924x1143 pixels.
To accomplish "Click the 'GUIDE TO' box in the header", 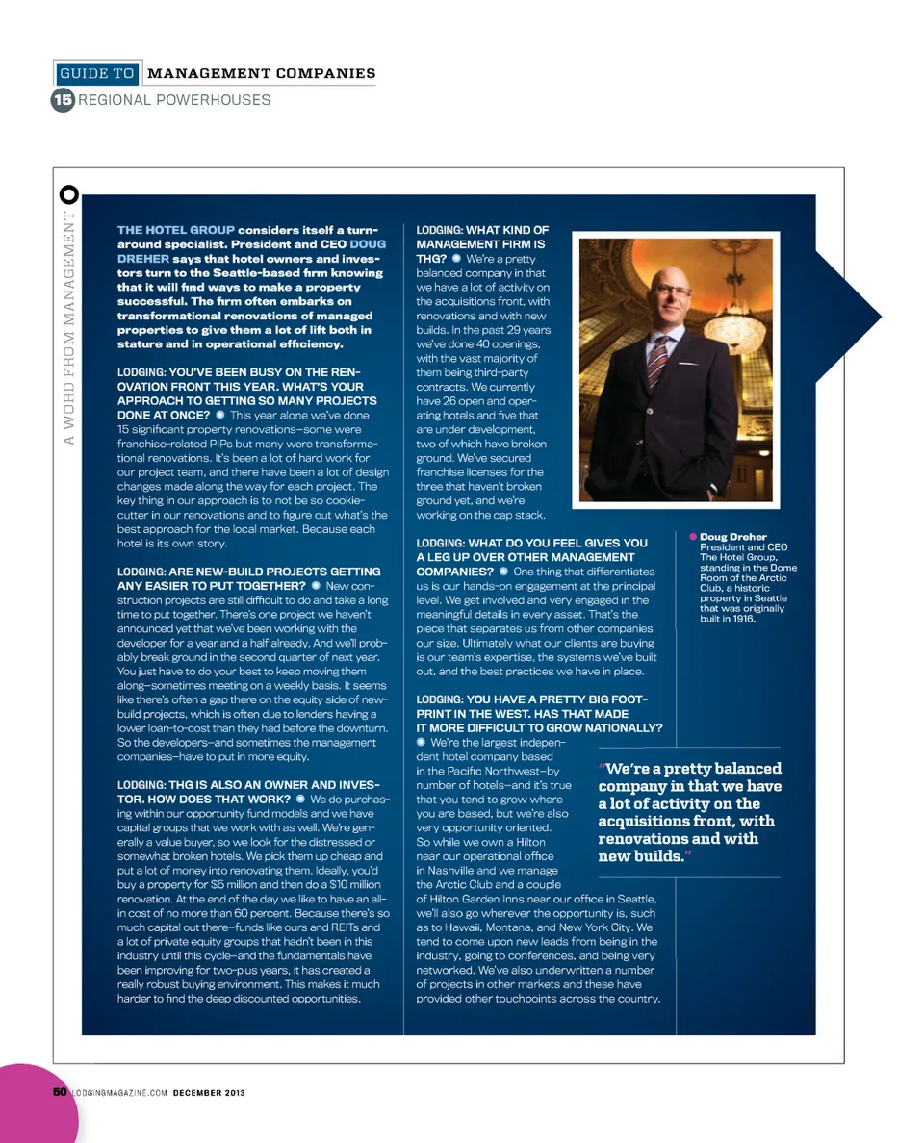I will tap(96, 73).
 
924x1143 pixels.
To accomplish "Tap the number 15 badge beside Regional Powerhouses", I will tap(63, 100).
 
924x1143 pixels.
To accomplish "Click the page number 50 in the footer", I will tap(60, 1092).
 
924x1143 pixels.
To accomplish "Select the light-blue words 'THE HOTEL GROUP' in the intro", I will tap(176, 230).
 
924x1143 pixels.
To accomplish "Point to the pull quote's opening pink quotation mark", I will tap(602, 768).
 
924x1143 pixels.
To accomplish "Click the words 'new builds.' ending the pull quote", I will tap(640, 855).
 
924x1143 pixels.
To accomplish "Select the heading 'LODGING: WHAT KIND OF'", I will tap(481, 230).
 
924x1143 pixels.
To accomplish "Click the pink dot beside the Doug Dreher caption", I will tap(692, 536).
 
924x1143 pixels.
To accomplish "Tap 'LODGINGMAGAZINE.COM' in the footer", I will tap(119, 1092).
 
